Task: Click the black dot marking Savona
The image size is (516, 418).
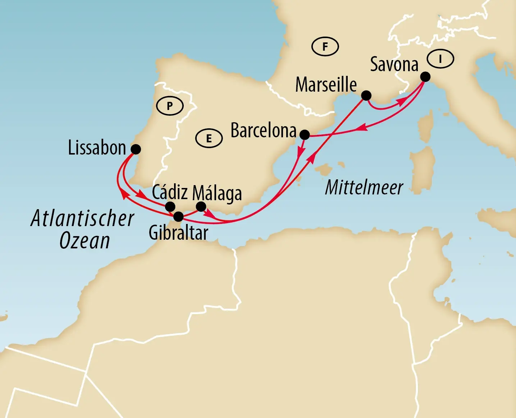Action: pos(425,77)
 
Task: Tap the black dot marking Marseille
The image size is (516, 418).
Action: pos(366,95)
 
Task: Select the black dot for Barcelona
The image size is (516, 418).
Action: pos(305,135)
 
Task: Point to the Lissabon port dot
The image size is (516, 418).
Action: pos(136,149)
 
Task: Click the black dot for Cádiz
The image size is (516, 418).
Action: pos(170,207)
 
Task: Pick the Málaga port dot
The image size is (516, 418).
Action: pos(201,206)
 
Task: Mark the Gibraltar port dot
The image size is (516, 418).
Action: pos(178,217)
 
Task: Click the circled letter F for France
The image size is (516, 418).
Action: pos(325,46)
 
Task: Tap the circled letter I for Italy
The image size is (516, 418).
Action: pos(440,59)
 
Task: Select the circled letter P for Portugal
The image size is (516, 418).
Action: pos(170,106)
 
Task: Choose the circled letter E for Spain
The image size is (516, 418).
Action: pos(209,138)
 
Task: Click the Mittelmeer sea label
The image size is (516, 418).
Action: pos(364,187)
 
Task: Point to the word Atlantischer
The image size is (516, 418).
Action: pos(82,218)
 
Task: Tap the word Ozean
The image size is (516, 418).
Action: pos(85,240)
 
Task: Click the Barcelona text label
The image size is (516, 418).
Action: pos(263,130)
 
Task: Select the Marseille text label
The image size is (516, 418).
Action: pos(326,85)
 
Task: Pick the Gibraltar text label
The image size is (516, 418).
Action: pos(178,233)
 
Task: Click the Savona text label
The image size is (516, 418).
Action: pos(394,65)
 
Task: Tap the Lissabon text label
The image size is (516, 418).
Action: pos(97,148)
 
